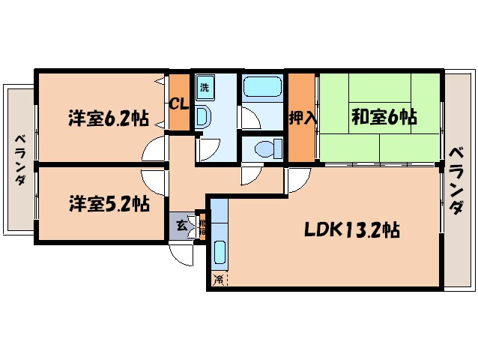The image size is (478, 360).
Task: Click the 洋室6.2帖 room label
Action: coord(108,118)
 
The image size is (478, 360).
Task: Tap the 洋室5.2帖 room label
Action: coord(109,203)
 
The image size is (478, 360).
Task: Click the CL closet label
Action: coord(178,103)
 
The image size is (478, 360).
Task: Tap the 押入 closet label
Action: coord(301,118)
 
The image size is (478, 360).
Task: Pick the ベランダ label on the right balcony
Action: coord(456,180)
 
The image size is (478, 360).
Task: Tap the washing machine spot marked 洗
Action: coord(205,86)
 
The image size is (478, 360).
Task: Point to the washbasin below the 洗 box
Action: coord(202,116)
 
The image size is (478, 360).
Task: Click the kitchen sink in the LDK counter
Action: coord(220,253)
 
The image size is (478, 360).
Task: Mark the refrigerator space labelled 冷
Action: coord(219,280)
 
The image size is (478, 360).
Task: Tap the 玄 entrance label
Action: coord(181,223)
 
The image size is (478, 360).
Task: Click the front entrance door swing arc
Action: coord(184,255)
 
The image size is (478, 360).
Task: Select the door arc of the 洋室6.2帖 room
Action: coord(154,149)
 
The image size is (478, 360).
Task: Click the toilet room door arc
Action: coord(249,175)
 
